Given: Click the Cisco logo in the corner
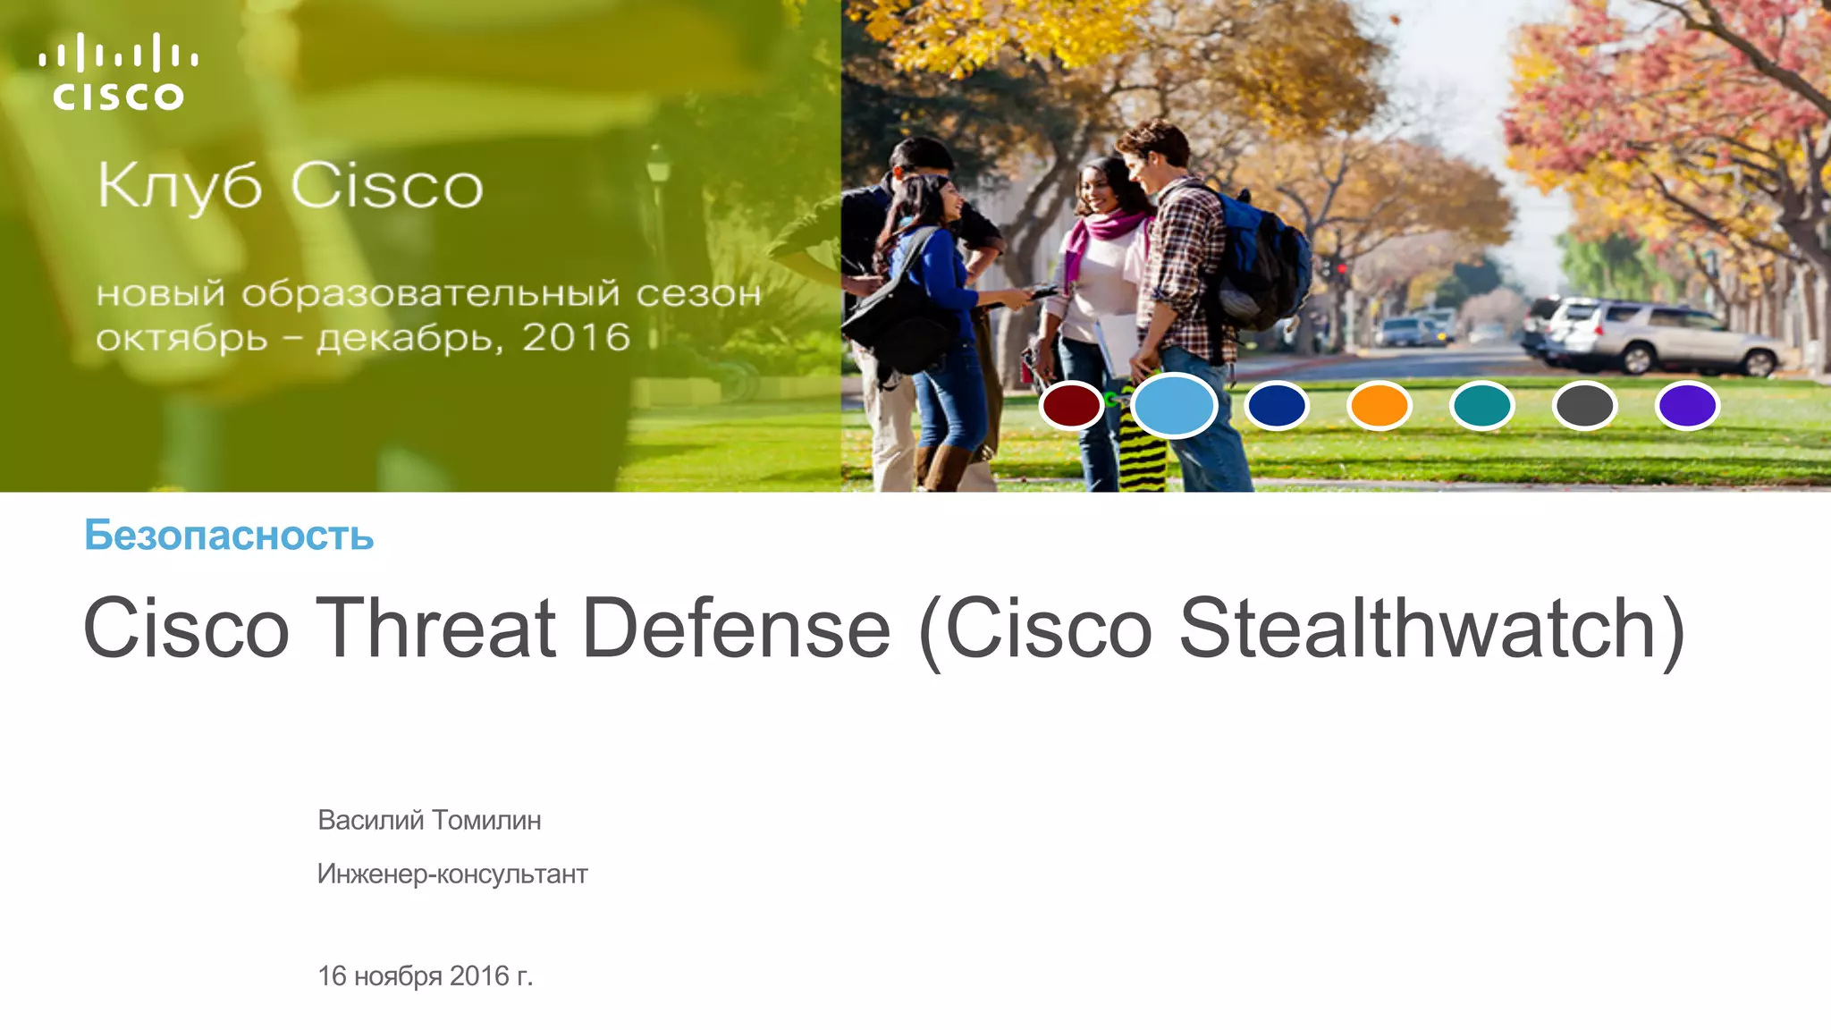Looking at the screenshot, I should coord(118,72).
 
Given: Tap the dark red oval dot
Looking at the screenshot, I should coord(1071,405).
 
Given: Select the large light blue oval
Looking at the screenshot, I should coord(1174,405).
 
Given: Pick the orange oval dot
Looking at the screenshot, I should coord(1379,405).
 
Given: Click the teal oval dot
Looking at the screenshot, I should coord(1481,405).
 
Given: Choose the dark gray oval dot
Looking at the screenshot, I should coord(1584,405).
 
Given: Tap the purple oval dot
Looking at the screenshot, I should coord(1687,405).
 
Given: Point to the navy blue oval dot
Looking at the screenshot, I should coord(1276,405).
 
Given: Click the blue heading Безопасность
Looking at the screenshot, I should coord(229,536).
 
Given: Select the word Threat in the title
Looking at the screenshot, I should coord(435,629).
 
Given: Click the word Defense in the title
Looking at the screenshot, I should coord(736,629).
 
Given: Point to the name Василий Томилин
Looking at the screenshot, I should coord(429,820).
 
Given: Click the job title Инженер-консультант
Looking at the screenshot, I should coord(452,874).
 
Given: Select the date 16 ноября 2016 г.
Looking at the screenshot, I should coord(425,975).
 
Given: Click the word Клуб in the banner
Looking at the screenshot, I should coord(180,187).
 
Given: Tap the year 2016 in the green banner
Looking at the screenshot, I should coord(576,338).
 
